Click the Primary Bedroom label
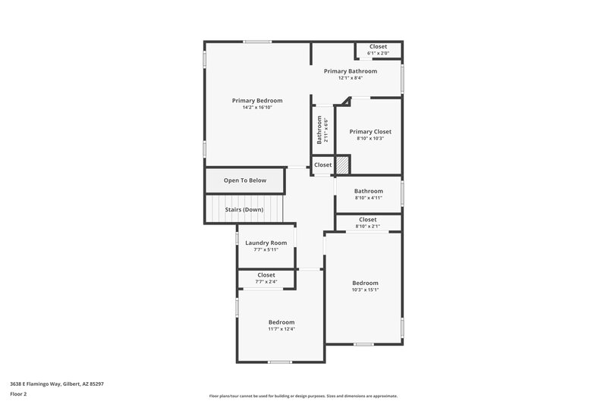coord(257,101)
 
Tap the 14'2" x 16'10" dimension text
coord(257,108)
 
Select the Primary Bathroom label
coord(350,71)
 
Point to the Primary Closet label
coord(370,131)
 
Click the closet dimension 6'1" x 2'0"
coord(378,53)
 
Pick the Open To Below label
coord(245,180)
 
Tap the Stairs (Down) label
coord(244,209)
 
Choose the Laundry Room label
coord(266,243)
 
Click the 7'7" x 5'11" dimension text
coord(266,249)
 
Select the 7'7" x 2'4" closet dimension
coord(266,282)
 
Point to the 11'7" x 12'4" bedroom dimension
coord(281,329)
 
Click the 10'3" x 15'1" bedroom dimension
coord(365,290)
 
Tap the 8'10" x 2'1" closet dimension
coord(367,226)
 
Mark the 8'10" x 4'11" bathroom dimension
coord(368,198)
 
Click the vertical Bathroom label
coord(319,130)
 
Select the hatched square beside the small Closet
coord(343,164)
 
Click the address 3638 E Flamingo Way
coord(57,384)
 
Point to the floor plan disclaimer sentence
coord(303,396)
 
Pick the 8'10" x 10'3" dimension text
coord(370,138)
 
